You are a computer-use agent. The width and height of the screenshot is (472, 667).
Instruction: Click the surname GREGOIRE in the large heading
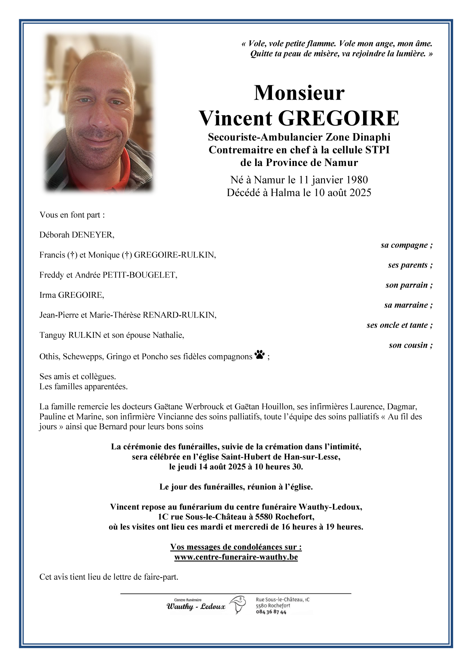coord(338,118)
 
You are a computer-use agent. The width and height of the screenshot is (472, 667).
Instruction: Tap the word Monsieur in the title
coord(299,93)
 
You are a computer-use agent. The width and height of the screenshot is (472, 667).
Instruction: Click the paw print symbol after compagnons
coord(260,355)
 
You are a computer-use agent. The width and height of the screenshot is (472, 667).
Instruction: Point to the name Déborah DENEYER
coord(77,235)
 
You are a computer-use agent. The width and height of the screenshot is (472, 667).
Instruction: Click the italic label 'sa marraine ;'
coord(408,305)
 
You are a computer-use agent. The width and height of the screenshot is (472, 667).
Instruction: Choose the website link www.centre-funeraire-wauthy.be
coord(236,557)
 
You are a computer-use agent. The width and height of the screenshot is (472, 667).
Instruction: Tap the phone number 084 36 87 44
coord(271,612)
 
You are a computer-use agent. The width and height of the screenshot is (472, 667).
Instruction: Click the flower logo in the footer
coord(238,604)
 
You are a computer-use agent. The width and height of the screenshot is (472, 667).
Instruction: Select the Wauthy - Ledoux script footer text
coord(196,606)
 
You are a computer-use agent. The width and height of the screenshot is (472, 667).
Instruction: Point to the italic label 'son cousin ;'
coord(410,345)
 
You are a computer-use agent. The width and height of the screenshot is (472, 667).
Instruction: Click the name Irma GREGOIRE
coord(72,295)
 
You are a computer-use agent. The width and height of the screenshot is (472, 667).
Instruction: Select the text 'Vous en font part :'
coord(72,215)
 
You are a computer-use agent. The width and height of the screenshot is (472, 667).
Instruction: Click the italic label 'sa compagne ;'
coord(406,245)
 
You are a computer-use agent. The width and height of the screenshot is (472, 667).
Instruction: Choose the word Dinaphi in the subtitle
coord(371,137)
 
